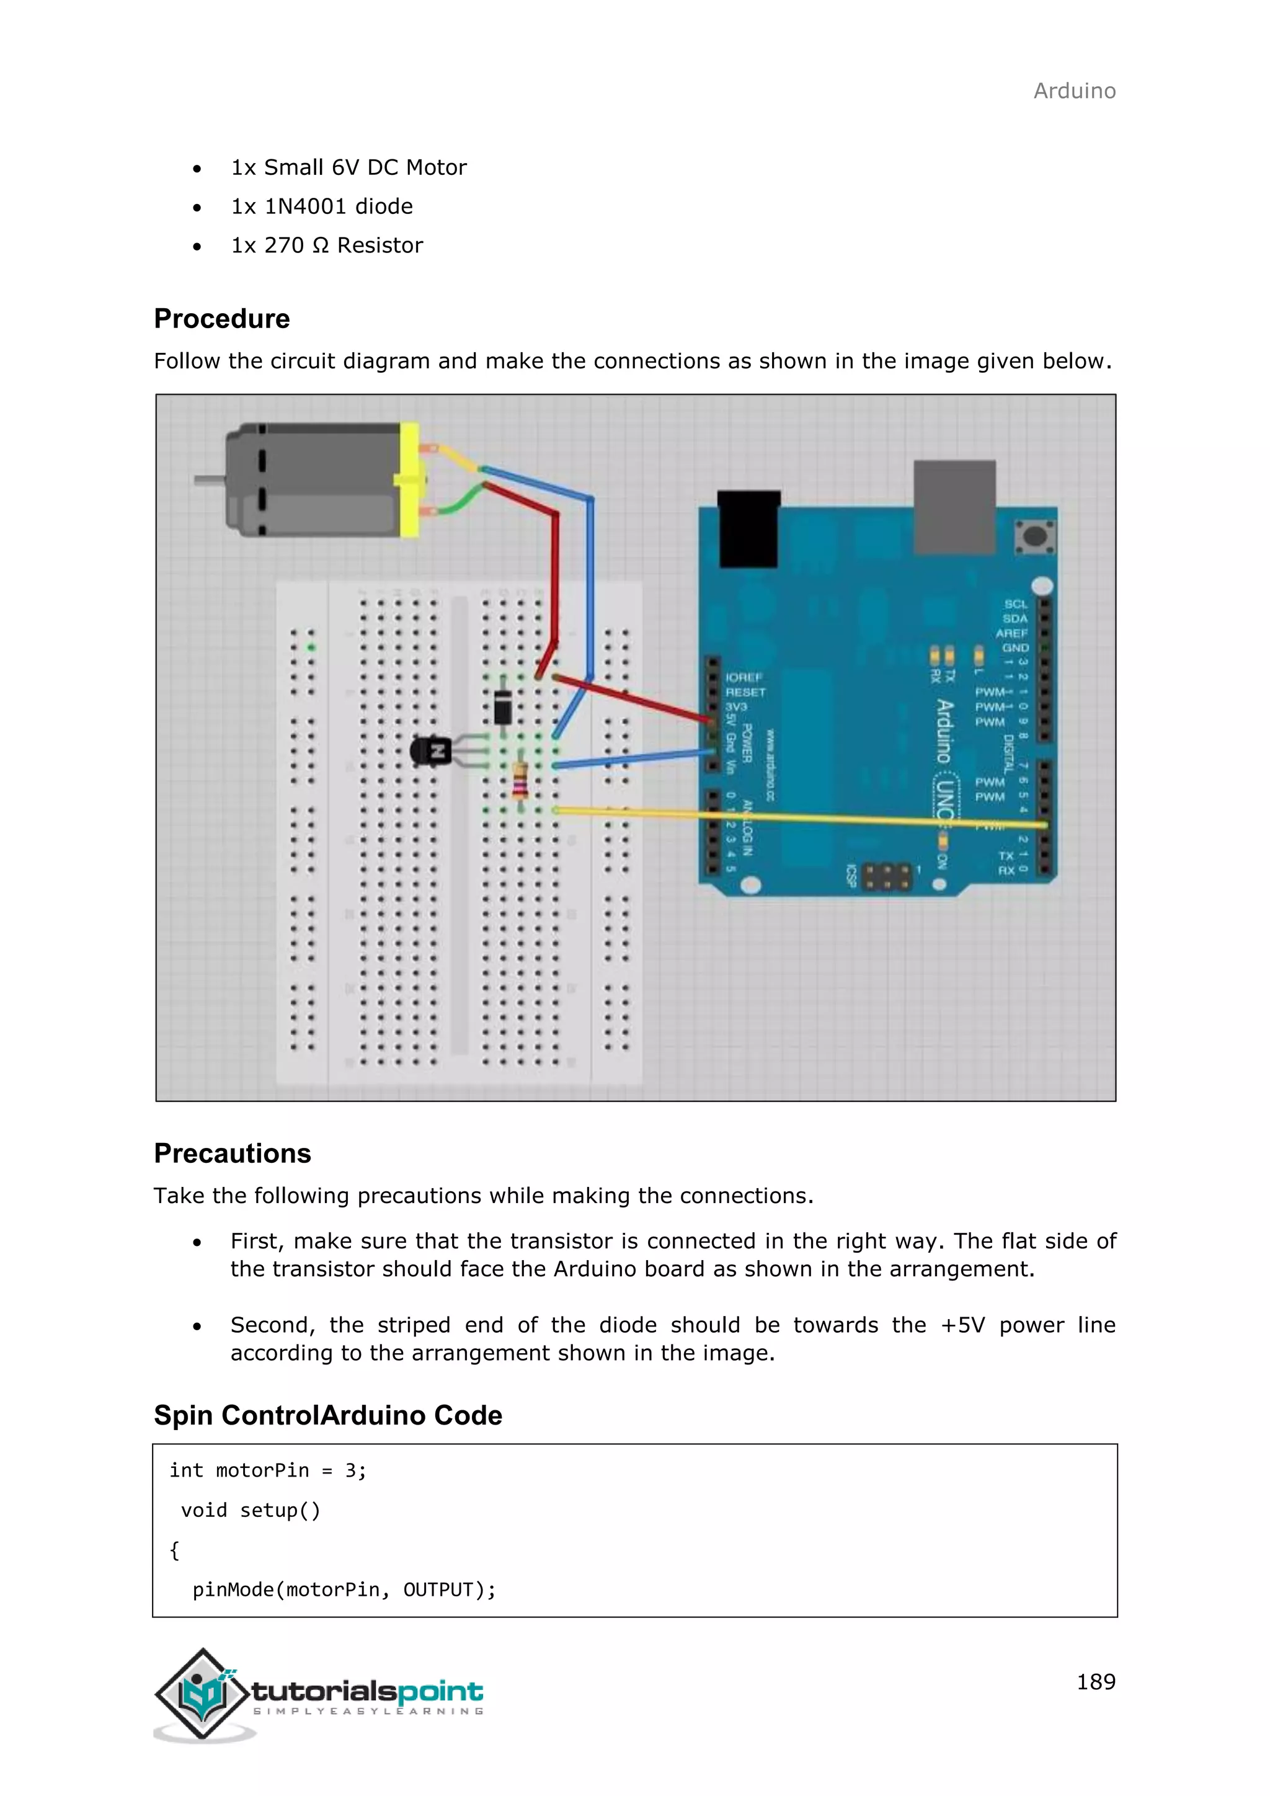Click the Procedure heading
[221, 319]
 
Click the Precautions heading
[233, 1154]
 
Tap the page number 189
[1096, 1682]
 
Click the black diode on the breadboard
[503, 708]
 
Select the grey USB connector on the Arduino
[954, 506]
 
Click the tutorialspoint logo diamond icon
[203, 1694]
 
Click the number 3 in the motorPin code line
[350, 1470]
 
